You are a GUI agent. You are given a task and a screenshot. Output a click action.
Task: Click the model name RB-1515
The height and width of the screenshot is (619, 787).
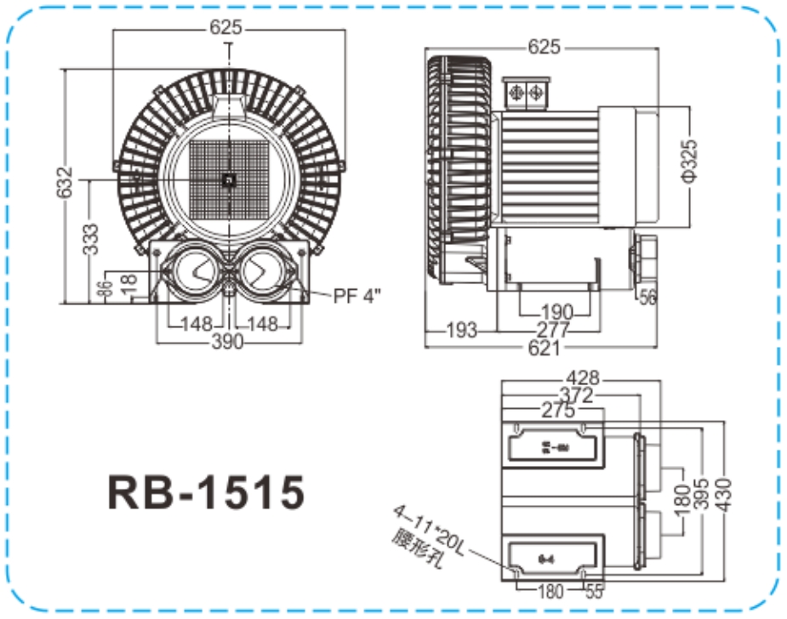tap(206, 491)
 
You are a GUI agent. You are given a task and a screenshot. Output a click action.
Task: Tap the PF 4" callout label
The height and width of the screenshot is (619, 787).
tap(357, 296)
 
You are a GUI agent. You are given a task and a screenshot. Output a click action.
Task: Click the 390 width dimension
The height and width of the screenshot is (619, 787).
tap(227, 341)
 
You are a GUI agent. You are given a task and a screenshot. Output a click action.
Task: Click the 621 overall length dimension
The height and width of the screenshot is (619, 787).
tap(544, 347)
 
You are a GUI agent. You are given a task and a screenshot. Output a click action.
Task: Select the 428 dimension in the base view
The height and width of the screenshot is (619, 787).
tap(585, 378)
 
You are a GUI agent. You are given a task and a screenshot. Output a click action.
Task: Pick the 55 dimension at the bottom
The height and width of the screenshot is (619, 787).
tap(594, 592)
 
